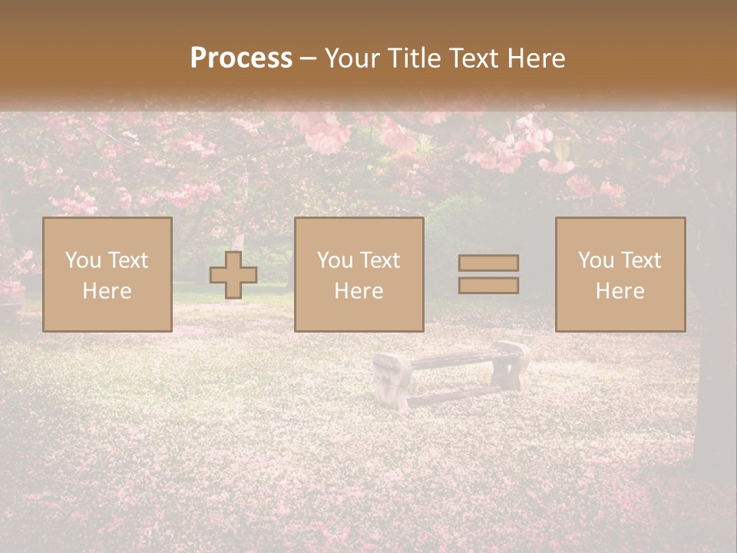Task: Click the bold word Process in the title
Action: pyautogui.click(x=241, y=58)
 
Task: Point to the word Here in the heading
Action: pyautogui.click(x=533, y=58)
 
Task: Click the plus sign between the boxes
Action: pyautogui.click(x=233, y=275)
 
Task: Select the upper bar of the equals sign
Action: pyautogui.click(x=488, y=263)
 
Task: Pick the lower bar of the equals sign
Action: pyautogui.click(x=488, y=286)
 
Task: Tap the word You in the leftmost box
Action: pyautogui.click(x=83, y=260)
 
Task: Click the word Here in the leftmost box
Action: pyautogui.click(x=107, y=291)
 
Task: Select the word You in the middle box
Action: pyautogui.click(x=335, y=260)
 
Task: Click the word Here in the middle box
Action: pyautogui.click(x=359, y=291)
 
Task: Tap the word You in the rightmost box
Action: pyautogui.click(x=596, y=260)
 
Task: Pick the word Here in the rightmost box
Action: pyautogui.click(x=620, y=291)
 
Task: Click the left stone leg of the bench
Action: pyautogui.click(x=392, y=381)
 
